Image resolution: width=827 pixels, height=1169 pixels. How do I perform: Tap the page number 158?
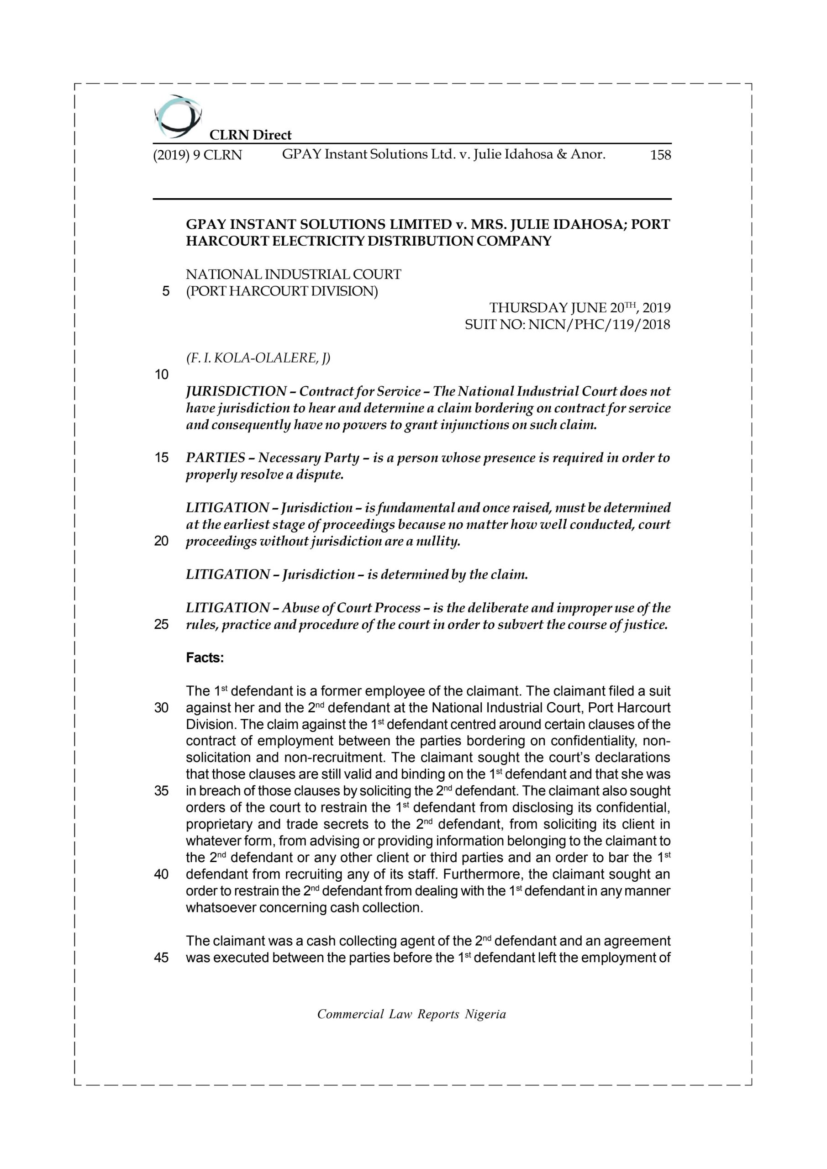660,155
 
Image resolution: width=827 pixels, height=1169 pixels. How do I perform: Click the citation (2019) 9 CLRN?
198,155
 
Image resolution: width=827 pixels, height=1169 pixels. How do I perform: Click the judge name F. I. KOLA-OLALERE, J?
258,358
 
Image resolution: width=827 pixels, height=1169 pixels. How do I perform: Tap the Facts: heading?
205,658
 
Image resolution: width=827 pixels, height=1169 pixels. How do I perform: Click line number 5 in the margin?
165,291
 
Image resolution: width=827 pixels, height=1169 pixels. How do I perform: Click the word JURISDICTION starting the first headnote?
236,391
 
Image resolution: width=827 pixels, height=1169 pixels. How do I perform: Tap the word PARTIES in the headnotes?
216,458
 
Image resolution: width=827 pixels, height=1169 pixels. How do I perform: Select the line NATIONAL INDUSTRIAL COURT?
293,274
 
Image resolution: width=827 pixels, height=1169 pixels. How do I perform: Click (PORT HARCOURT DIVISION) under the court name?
282,291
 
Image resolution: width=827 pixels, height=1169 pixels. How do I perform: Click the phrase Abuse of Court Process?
351,608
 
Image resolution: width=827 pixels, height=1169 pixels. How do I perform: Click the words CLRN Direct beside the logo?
251,135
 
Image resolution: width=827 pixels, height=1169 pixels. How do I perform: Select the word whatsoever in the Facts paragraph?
221,908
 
